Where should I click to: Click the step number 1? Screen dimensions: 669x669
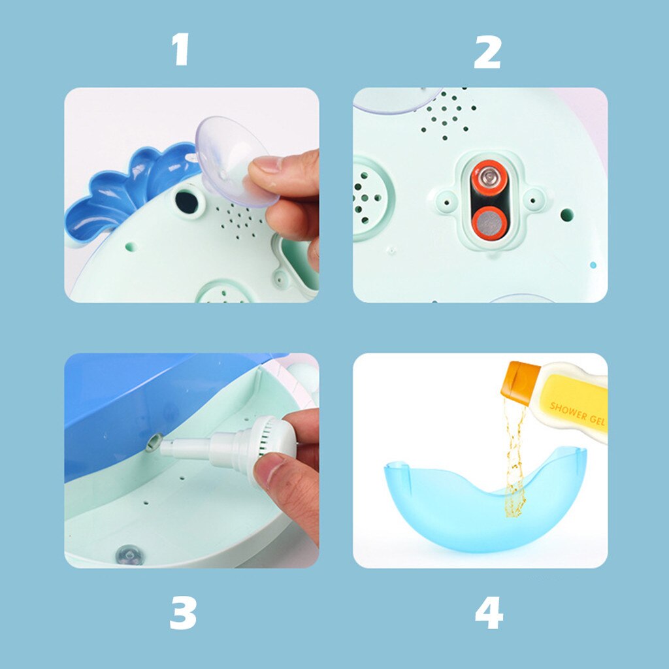(x=181, y=49)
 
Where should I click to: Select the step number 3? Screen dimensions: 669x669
(x=183, y=613)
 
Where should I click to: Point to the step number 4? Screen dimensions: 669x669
(x=489, y=613)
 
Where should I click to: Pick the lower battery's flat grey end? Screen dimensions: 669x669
(x=489, y=223)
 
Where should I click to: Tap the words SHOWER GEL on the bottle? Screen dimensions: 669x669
(x=576, y=414)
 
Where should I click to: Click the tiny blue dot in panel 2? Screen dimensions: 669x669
(x=593, y=265)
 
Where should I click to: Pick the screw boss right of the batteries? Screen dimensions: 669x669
(x=534, y=200)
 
